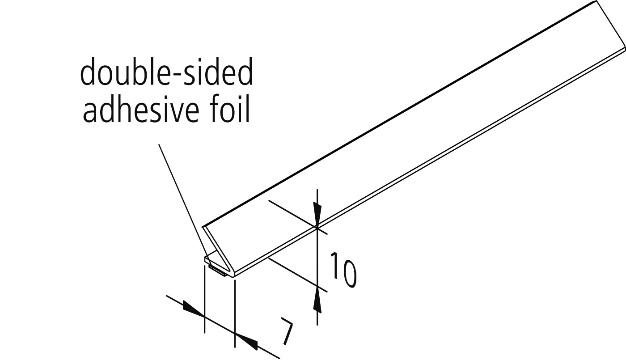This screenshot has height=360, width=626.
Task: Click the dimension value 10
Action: pos(343,270)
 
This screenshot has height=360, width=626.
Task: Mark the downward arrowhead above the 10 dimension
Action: pos(317,213)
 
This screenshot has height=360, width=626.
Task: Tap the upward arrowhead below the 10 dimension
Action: pos(317,300)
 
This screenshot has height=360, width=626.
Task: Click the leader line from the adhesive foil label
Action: pos(182,201)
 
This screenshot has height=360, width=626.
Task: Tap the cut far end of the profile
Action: pos(611,26)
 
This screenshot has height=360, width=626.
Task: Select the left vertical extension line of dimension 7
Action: pos(205,299)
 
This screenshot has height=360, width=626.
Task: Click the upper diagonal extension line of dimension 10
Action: pos(297,217)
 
